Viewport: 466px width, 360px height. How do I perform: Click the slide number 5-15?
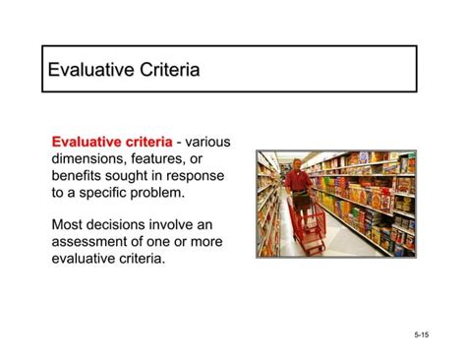pyautogui.click(x=421, y=335)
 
